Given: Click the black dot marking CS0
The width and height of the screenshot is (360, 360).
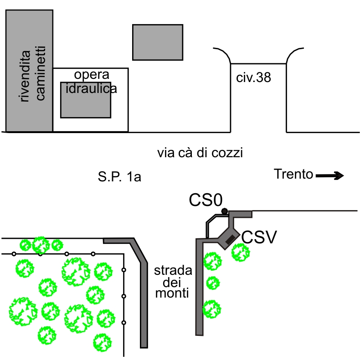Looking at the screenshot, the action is pyautogui.click(x=224, y=211).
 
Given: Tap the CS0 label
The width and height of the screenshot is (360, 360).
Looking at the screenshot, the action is pyautogui.click(x=206, y=200).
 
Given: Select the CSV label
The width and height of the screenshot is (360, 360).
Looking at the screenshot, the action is pyautogui.click(x=259, y=237).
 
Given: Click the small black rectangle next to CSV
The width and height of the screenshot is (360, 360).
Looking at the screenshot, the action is pyautogui.click(x=230, y=240).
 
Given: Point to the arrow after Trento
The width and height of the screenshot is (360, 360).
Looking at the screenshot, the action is pyautogui.click(x=329, y=175).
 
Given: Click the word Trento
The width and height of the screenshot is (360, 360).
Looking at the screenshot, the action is pyautogui.click(x=293, y=174).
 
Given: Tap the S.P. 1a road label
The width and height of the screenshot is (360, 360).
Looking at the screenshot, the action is pyautogui.click(x=119, y=177).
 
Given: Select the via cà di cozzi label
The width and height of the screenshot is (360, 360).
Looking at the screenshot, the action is pyautogui.click(x=200, y=153).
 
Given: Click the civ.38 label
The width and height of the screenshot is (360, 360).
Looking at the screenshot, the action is pyautogui.click(x=253, y=77).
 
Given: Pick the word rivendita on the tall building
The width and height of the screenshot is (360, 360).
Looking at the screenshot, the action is pyautogui.click(x=25, y=76).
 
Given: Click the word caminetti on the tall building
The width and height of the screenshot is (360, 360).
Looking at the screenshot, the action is pyautogui.click(x=41, y=73).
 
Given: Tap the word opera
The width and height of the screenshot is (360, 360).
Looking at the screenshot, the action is pyautogui.click(x=92, y=75).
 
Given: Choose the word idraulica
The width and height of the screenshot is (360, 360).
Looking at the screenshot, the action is pyautogui.click(x=91, y=88).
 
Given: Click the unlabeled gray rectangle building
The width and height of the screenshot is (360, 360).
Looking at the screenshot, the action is pyautogui.click(x=158, y=42).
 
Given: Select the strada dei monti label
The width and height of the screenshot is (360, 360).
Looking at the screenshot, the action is pyautogui.click(x=173, y=282).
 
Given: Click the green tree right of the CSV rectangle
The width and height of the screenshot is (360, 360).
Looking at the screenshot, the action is pyautogui.click(x=241, y=252).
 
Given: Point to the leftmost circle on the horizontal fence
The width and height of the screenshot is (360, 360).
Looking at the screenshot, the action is pyautogui.click(x=14, y=254).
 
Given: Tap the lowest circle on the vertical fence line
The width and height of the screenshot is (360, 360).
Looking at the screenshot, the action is pyautogui.click(x=124, y=323).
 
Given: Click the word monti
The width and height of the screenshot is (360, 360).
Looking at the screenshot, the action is pyautogui.click(x=172, y=293).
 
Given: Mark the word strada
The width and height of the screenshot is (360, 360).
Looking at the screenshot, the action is pyautogui.click(x=173, y=271).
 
